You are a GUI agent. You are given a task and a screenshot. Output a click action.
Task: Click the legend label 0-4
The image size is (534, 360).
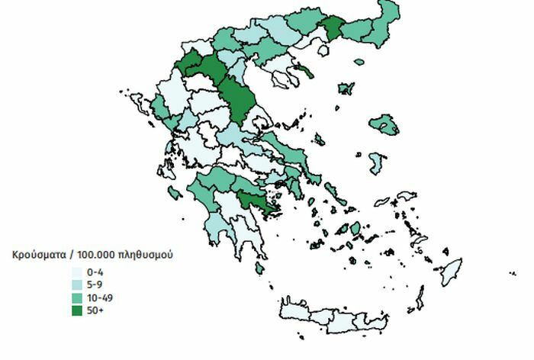(95, 272)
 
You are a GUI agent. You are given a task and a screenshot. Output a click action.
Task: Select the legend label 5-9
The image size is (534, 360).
(95, 284)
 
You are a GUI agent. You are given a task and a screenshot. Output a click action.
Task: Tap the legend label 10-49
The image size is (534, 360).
(99, 297)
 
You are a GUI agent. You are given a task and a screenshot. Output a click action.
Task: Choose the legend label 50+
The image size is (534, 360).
(95, 310)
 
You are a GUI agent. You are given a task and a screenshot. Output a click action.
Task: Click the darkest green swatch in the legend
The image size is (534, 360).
(78, 310)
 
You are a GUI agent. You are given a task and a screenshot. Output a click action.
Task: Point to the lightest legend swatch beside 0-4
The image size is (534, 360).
(78, 272)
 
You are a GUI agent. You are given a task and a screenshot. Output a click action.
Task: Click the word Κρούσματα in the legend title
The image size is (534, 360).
(36, 254)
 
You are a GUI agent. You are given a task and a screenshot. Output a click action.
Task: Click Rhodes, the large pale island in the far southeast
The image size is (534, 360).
(452, 272)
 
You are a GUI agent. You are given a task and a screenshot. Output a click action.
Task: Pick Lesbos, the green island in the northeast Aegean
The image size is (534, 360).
(384, 124)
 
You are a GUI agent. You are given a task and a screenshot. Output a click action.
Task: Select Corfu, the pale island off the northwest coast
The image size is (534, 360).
(140, 102)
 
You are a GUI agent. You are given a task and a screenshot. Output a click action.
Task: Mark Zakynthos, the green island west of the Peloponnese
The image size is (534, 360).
(175, 193)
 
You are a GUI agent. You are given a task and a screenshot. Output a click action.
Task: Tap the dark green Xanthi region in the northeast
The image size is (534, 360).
(333, 28)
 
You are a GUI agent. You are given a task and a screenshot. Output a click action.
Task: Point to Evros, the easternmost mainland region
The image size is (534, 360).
(387, 19)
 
